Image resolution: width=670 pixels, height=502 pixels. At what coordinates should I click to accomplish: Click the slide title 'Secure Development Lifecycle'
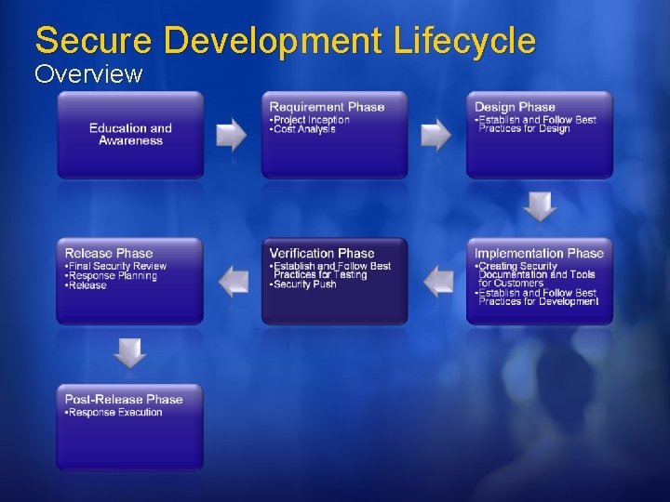click(x=285, y=40)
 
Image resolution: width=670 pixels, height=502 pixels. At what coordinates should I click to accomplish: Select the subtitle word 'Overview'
click(x=88, y=73)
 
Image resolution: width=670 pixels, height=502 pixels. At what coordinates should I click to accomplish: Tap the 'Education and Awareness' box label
click(x=130, y=135)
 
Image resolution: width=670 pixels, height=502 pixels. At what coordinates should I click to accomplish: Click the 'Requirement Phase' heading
click(x=327, y=107)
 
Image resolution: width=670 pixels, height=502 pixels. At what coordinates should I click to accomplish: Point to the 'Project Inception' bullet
click(x=311, y=120)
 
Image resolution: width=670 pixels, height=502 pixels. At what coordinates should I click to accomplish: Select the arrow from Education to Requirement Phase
click(x=232, y=135)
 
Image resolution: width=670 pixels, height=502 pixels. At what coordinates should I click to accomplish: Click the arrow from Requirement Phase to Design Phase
click(x=436, y=135)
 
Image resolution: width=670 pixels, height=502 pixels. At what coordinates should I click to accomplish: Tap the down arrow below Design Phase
click(x=540, y=206)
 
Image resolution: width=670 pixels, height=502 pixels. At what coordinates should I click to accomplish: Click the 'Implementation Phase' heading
click(x=539, y=253)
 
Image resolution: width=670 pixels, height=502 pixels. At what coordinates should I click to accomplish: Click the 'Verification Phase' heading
click(x=322, y=253)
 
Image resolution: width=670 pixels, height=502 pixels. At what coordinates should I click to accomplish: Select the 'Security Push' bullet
click(x=305, y=284)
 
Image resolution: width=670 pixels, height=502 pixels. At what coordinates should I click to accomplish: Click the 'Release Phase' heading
click(x=109, y=253)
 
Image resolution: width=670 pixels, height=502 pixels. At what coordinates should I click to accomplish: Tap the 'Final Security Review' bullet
click(x=116, y=266)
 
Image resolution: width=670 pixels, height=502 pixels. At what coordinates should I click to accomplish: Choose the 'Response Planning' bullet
click(x=112, y=276)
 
